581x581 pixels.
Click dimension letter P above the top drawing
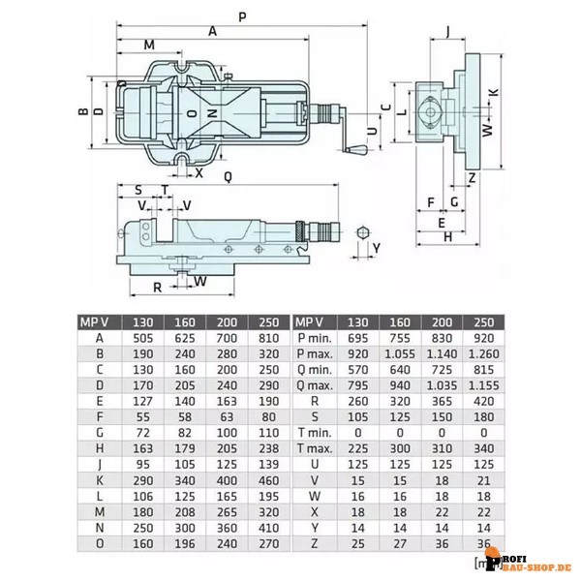tap(241, 16)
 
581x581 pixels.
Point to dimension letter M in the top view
tap(148, 46)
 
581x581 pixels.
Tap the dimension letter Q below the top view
tap(226, 175)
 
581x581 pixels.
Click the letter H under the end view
tap(447, 235)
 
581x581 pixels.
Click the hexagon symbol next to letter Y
tap(361, 232)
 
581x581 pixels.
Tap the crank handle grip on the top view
tap(356, 150)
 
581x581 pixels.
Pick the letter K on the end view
tap(494, 92)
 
